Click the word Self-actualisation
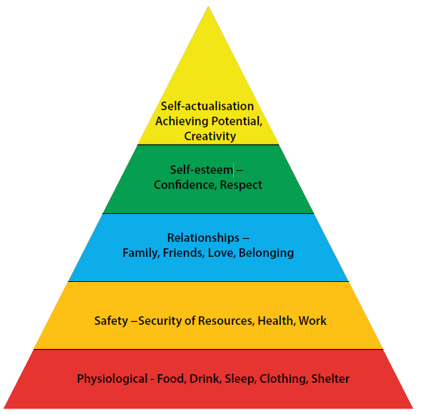pos(207,106)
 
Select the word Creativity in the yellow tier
pos(210,136)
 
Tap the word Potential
pos(237,122)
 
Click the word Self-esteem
pos(201,170)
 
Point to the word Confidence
pos(185,185)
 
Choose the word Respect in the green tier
pos(241,185)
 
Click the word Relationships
pos(203,238)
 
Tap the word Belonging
pos(266,253)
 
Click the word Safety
pos(111,321)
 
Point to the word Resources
pos(226,321)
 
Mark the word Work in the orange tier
pos(313,321)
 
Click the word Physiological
pos(112,379)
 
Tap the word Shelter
pos(330,379)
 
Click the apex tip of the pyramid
pos(208,6)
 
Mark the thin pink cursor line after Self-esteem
pos(233,170)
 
